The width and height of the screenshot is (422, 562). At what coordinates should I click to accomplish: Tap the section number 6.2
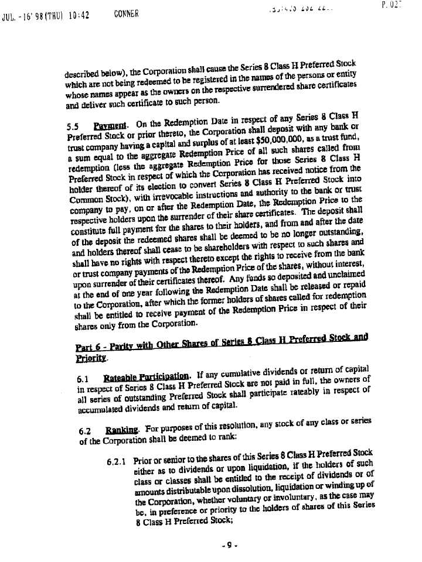(x=86, y=432)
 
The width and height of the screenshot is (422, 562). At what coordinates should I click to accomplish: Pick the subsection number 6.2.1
(x=118, y=462)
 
